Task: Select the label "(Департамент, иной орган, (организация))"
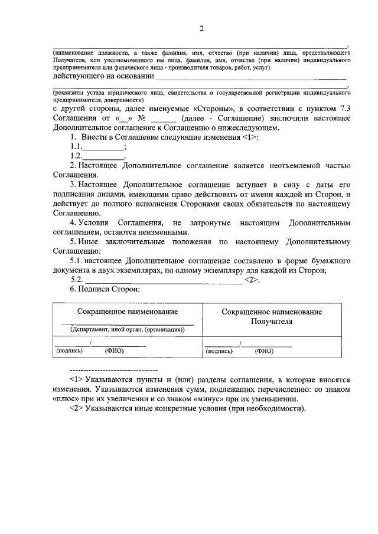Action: tap(128, 329)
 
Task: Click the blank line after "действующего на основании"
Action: tap(252, 77)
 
